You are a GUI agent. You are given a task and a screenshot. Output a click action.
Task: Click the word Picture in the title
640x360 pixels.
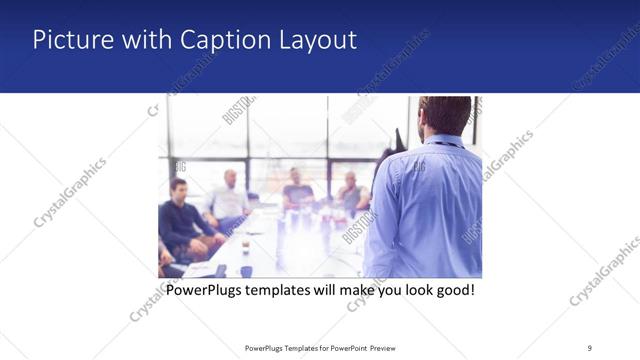67,40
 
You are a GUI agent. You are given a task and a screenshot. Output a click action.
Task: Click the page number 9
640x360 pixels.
589,347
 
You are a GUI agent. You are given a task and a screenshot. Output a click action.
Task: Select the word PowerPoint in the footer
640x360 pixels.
347,347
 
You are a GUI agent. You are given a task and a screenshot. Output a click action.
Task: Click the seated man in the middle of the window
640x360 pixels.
296,190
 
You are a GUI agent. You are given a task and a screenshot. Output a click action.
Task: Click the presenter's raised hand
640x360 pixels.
400,140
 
